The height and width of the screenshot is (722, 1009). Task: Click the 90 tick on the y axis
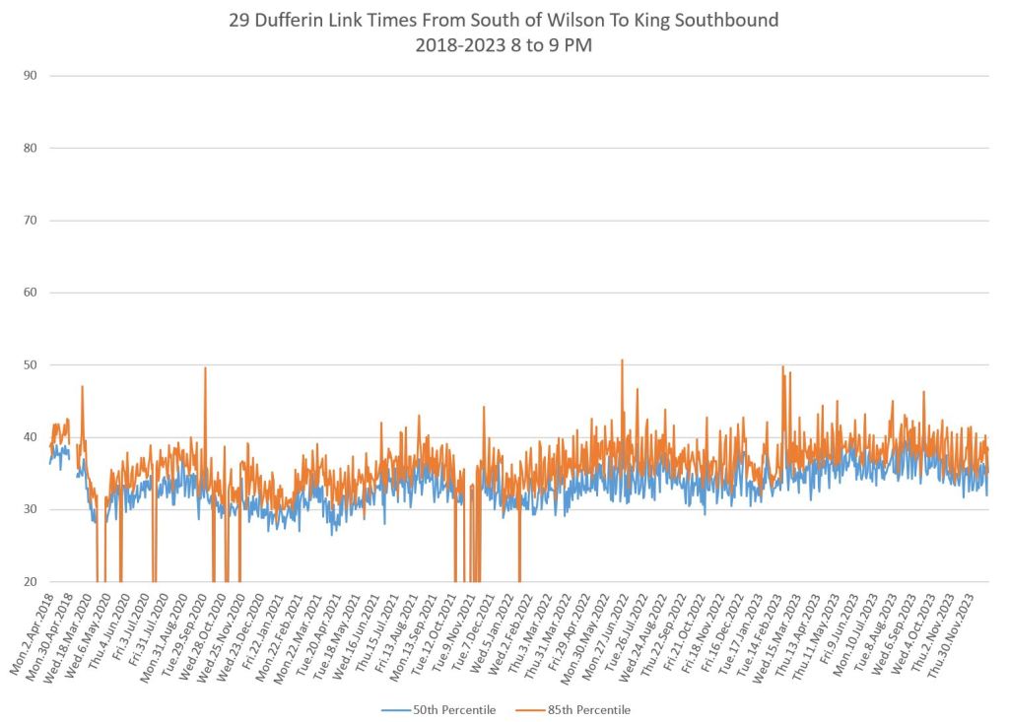point(31,76)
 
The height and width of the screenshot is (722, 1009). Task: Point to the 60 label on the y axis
point(31,293)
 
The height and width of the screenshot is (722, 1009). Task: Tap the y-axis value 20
point(31,582)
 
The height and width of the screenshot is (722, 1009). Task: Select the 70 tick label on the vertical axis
point(31,221)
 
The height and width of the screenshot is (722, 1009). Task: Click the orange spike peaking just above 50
point(622,362)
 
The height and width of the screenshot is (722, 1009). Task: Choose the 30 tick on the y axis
point(31,509)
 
